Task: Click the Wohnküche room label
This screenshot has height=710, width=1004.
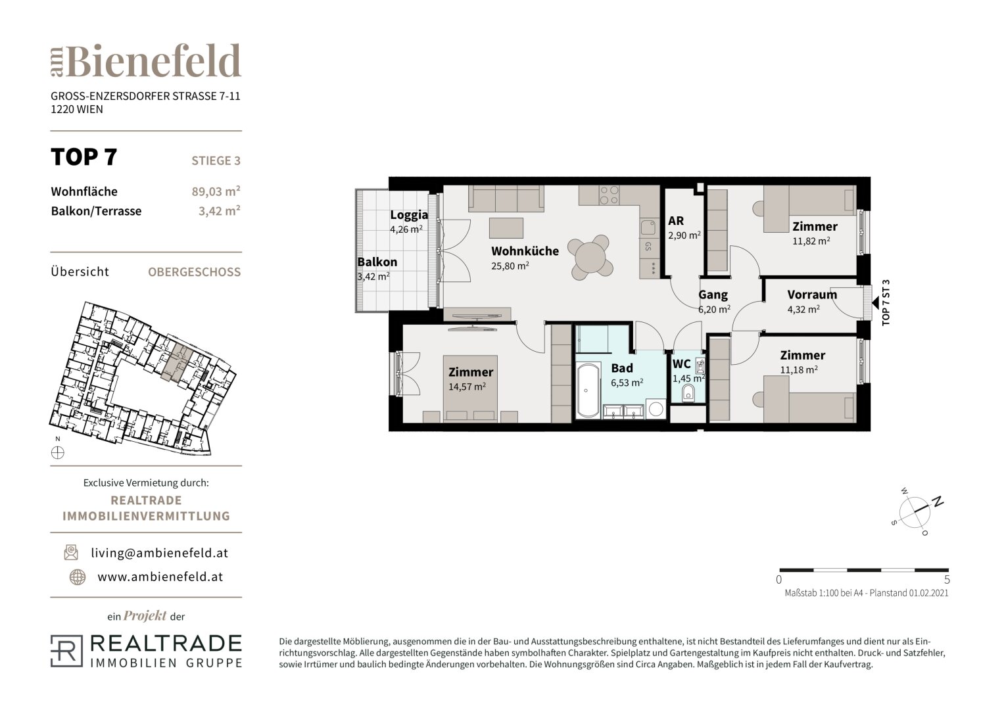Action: pos(525,251)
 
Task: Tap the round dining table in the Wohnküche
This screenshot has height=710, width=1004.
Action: pos(590,257)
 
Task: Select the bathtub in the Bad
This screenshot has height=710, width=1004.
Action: pos(588,391)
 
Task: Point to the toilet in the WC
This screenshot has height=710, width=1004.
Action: pos(688,394)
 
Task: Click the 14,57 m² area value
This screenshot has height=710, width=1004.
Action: pos(467,387)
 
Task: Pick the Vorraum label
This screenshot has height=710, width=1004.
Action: pos(812,295)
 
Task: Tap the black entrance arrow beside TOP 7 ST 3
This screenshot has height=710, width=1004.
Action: pos(875,303)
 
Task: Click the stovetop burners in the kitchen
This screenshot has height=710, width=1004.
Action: pos(609,195)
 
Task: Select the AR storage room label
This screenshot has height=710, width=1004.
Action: pos(676,221)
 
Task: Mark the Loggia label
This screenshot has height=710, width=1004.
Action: pos(409,215)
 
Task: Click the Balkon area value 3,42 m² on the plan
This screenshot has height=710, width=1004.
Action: pos(373,277)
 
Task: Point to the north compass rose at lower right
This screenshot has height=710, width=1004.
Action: pos(915,512)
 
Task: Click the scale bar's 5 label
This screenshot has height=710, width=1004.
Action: pos(947,580)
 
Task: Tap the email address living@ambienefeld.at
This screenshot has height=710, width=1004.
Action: pos(160,553)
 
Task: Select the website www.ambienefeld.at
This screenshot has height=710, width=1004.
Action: pos(160,577)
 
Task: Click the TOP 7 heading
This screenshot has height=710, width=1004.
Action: pos(84,157)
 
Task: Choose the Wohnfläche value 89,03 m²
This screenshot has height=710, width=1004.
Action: pos(216,191)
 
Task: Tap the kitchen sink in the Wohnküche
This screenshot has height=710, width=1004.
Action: pos(648,227)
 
